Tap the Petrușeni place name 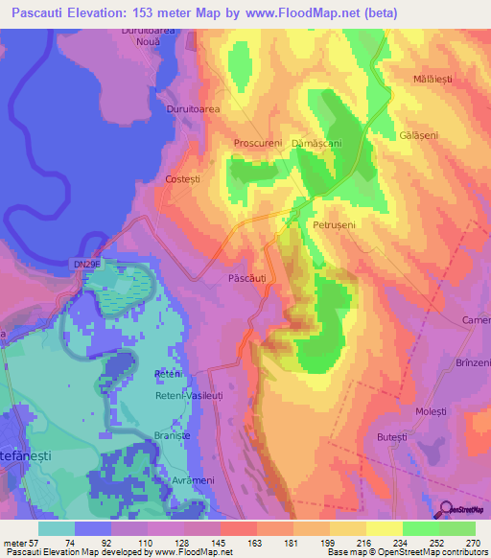tap(335, 224)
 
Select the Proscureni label tap(258, 143)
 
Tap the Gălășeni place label tap(418, 136)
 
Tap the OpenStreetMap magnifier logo tap(446, 509)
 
